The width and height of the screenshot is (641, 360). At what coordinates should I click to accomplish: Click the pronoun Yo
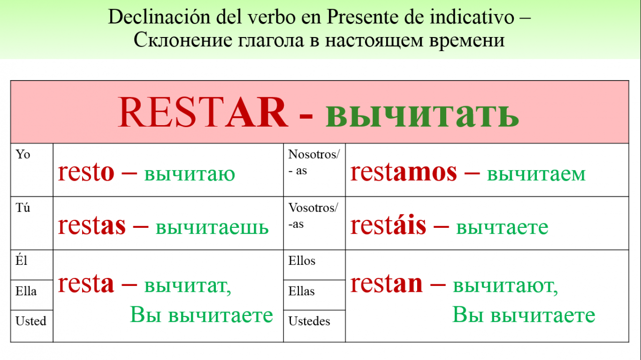23,155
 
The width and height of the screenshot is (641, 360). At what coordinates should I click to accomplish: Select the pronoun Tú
23,207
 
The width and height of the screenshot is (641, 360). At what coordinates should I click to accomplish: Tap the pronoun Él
21,260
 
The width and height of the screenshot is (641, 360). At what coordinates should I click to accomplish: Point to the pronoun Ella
26,291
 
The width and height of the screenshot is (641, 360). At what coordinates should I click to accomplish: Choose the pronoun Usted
31,321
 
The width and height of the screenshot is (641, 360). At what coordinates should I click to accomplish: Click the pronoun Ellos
301,261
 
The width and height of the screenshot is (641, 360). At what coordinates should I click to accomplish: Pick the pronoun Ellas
301,291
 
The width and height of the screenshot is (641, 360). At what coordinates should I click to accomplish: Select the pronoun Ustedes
309,321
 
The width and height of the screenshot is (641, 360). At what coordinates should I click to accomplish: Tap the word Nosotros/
314,155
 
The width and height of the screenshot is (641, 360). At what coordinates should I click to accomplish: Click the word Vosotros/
313,208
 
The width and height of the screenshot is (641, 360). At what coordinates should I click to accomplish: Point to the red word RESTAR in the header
203,112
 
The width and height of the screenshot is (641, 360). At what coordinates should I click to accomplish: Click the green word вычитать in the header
422,115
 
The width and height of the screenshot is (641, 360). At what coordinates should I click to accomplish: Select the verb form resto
86,173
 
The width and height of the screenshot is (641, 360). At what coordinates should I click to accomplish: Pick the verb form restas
92,225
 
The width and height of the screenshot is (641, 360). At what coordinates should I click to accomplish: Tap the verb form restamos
404,172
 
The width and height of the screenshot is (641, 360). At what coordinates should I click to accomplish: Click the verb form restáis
388,225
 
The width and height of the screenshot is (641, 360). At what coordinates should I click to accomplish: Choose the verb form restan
387,283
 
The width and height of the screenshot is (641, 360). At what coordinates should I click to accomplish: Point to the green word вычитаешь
212,227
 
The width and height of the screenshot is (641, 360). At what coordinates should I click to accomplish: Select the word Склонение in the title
183,40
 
